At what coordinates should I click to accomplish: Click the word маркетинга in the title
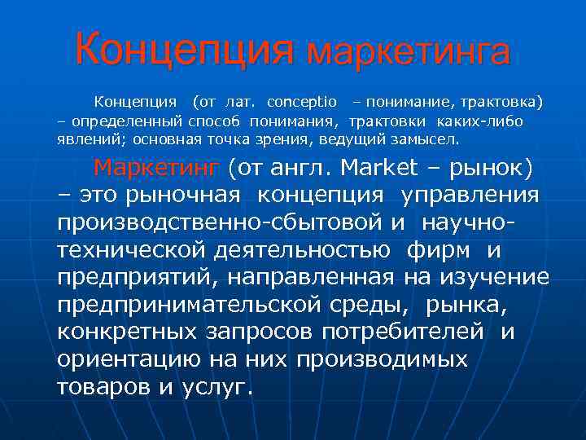point(409,51)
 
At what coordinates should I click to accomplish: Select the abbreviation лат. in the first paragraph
point(238,103)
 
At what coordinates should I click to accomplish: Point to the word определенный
point(113,121)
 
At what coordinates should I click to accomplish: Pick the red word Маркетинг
point(157,168)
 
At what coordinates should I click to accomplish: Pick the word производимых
point(383,359)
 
